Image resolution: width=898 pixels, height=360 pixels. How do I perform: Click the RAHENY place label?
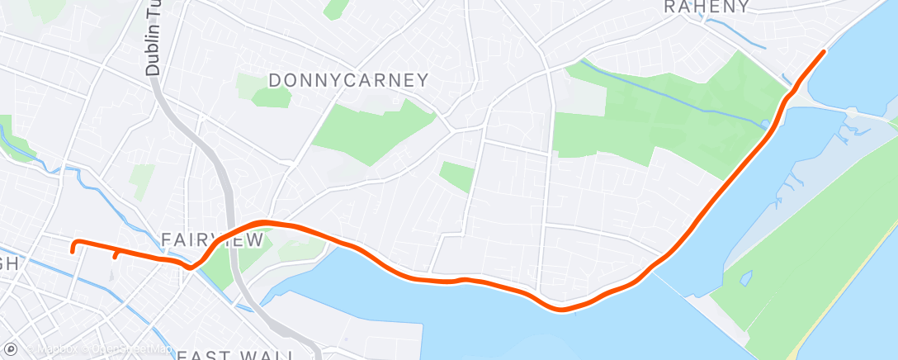[707, 7]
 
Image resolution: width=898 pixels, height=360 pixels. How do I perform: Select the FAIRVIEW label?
[212, 239]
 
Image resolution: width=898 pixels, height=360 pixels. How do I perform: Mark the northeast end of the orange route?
[823, 52]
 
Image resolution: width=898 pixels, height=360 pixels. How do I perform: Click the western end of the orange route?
[73, 249]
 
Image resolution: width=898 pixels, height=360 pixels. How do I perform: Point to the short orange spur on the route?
[116, 255]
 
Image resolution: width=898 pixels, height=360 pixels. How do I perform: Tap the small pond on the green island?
[746, 277]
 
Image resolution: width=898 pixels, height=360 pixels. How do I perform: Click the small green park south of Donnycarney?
[456, 176]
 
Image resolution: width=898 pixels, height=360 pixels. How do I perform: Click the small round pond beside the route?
[766, 125]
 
